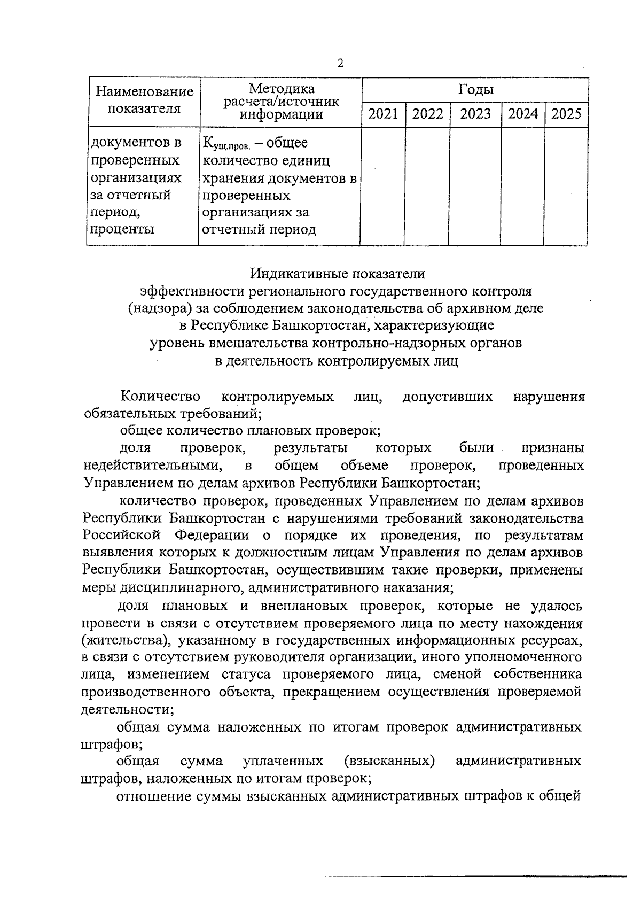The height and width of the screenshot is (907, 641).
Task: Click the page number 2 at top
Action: coord(340,64)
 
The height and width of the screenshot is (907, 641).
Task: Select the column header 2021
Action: coord(383,114)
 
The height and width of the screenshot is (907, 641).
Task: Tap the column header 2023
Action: coord(475,114)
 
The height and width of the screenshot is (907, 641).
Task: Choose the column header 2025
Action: coord(566,114)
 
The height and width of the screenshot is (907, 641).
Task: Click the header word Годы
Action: coord(475,89)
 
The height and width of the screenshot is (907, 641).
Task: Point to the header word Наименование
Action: coord(144,92)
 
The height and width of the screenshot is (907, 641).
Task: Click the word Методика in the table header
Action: coord(282,89)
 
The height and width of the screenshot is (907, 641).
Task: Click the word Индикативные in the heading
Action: coord(296,274)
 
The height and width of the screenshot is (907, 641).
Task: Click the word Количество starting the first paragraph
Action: coord(161,397)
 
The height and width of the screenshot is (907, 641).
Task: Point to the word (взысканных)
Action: coord(389,761)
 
